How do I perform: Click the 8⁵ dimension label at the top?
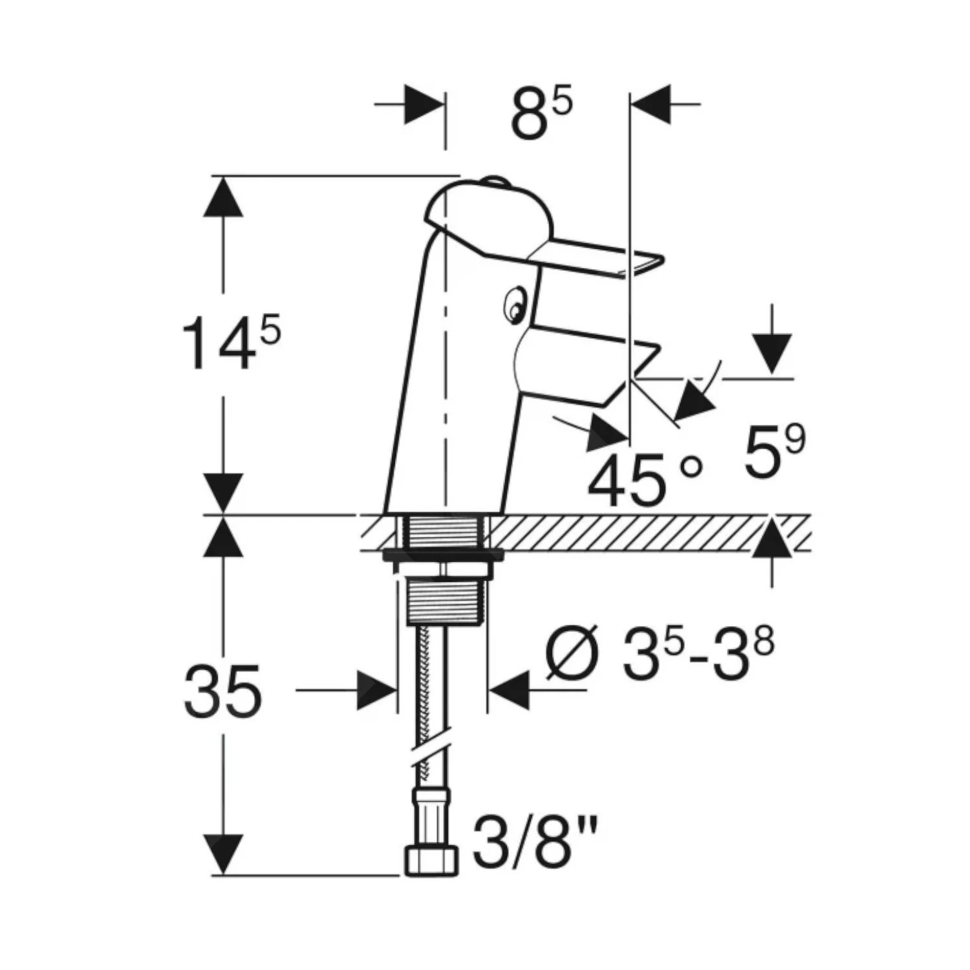[541, 115]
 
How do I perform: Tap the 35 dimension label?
[223, 691]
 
